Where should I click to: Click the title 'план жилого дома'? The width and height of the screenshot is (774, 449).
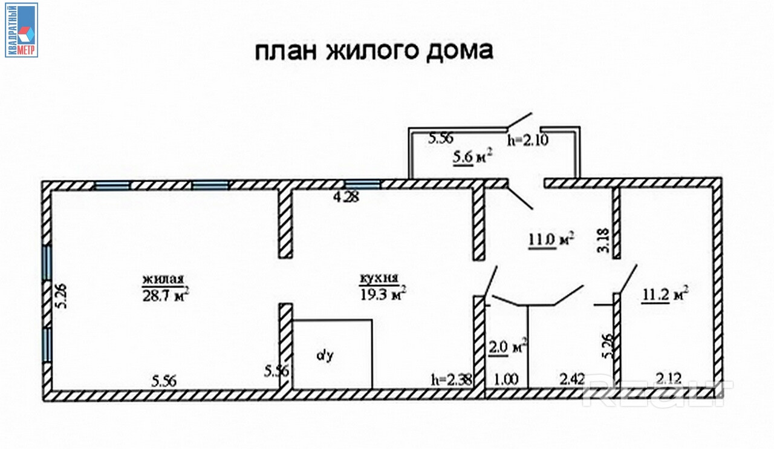point(373,51)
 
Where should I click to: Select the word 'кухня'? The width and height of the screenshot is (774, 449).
point(379,279)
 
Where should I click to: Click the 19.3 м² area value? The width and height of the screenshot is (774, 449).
point(382,294)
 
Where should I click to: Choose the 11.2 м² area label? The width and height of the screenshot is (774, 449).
point(665,295)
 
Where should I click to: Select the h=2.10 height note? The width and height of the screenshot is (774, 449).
point(527,141)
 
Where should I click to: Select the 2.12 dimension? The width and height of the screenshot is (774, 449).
point(669,380)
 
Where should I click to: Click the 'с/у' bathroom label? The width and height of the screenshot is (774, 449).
point(325,356)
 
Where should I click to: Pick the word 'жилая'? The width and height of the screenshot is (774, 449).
point(163,280)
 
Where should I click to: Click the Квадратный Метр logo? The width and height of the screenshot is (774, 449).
point(21,30)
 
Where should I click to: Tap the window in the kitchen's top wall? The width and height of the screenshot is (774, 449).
point(362,184)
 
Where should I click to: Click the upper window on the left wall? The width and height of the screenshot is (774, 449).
point(47,263)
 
